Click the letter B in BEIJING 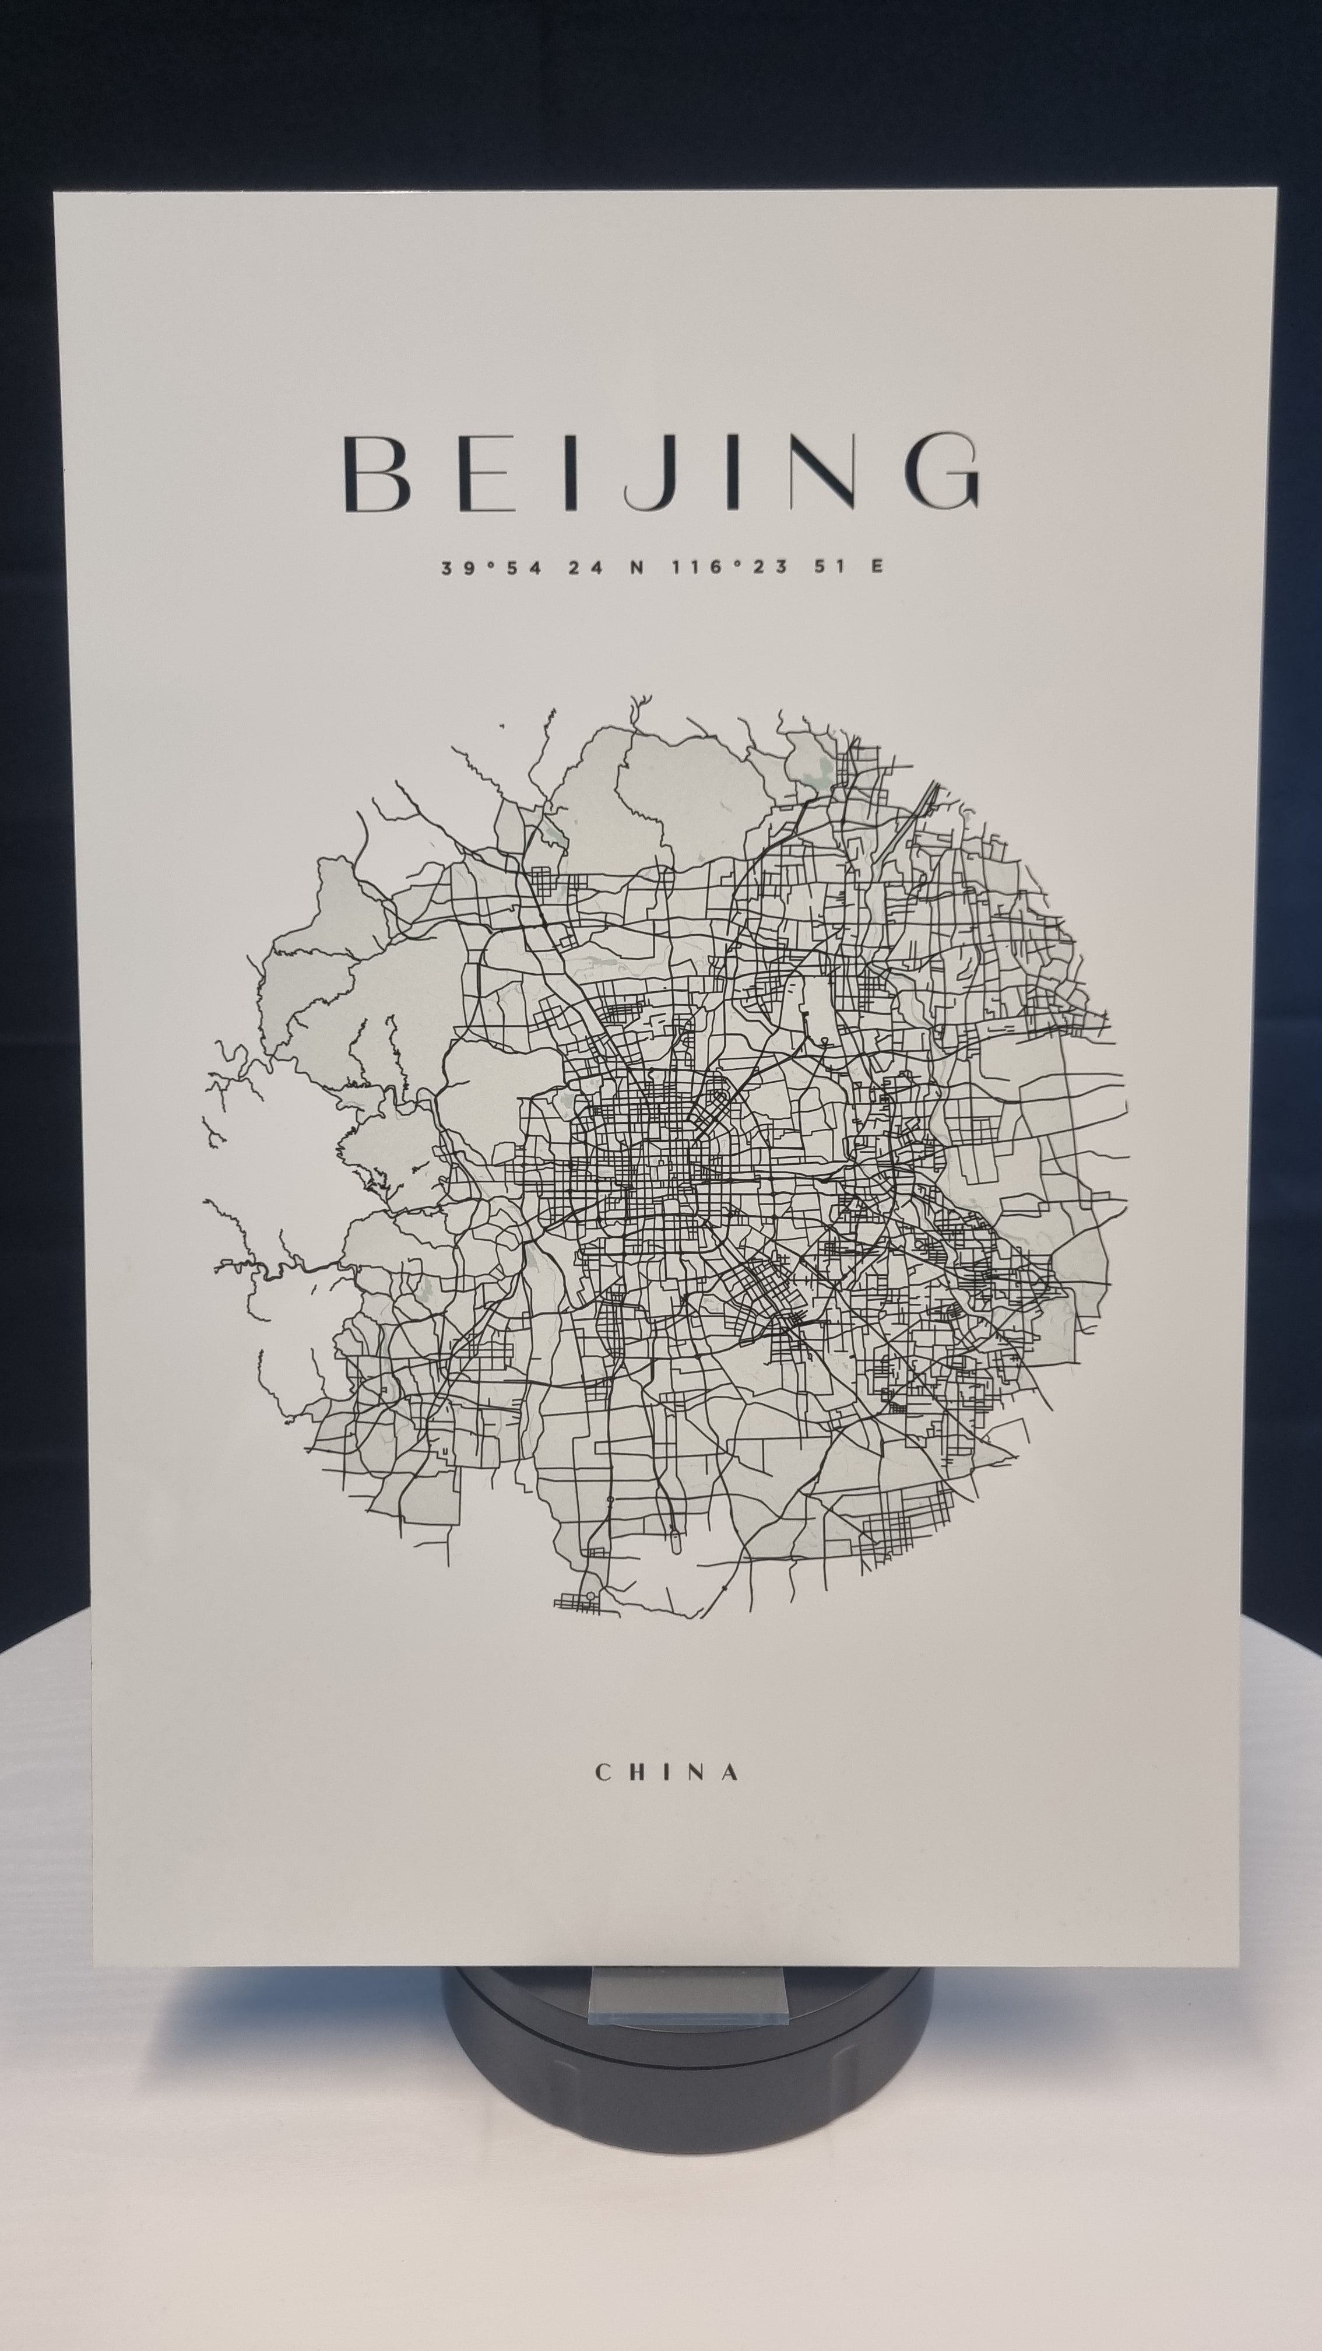[x=376, y=473]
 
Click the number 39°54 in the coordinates [x=491, y=567]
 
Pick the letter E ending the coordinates [x=877, y=567]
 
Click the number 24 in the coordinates [x=586, y=567]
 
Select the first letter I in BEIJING [x=571, y=473]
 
